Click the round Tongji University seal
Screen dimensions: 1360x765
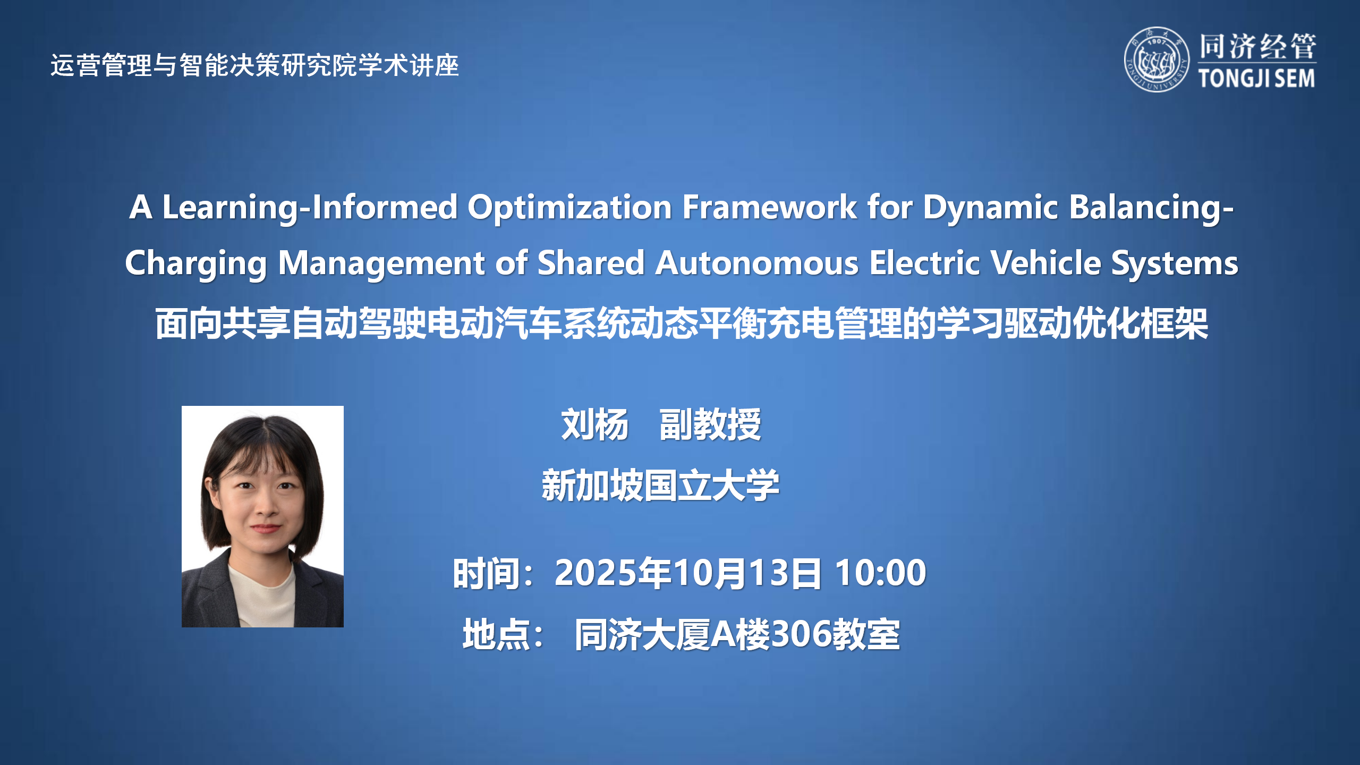coord(1157,59)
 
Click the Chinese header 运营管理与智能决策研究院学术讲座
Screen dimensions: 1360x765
coord(254,65)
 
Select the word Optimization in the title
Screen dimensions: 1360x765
coord(570,207)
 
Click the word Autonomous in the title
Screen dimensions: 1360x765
coord(757,263)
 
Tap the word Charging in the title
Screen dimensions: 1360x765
coord(196,264)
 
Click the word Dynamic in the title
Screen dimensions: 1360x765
coord(990,207)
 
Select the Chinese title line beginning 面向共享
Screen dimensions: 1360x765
coord(682,324)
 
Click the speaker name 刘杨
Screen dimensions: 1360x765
coord(594,425)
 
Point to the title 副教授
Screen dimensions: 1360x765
coord(710,425)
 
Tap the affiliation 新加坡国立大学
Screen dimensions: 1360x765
coord(660,486)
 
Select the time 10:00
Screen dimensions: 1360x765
coord(880,573)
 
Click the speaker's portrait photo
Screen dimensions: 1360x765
coord(262,516)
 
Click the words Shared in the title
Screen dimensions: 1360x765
coord(591,263)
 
